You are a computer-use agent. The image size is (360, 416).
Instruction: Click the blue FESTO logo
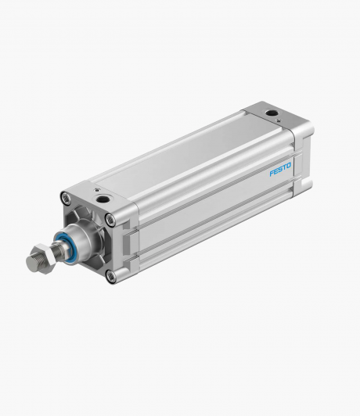(x=280, y=170)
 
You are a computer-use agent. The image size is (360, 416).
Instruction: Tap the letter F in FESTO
(x=272, y=174)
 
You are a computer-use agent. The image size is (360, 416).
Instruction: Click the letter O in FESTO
(x=288, y=166)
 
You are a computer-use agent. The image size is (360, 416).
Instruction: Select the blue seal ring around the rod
(x=66, y=244)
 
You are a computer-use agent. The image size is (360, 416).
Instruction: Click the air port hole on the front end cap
(x=101, y=199)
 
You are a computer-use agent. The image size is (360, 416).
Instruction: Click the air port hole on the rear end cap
(x=272, y=113)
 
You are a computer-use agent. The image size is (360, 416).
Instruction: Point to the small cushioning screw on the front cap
(x=97, y=190)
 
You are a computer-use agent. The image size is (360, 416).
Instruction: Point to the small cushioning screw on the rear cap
(x=279, y=120)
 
